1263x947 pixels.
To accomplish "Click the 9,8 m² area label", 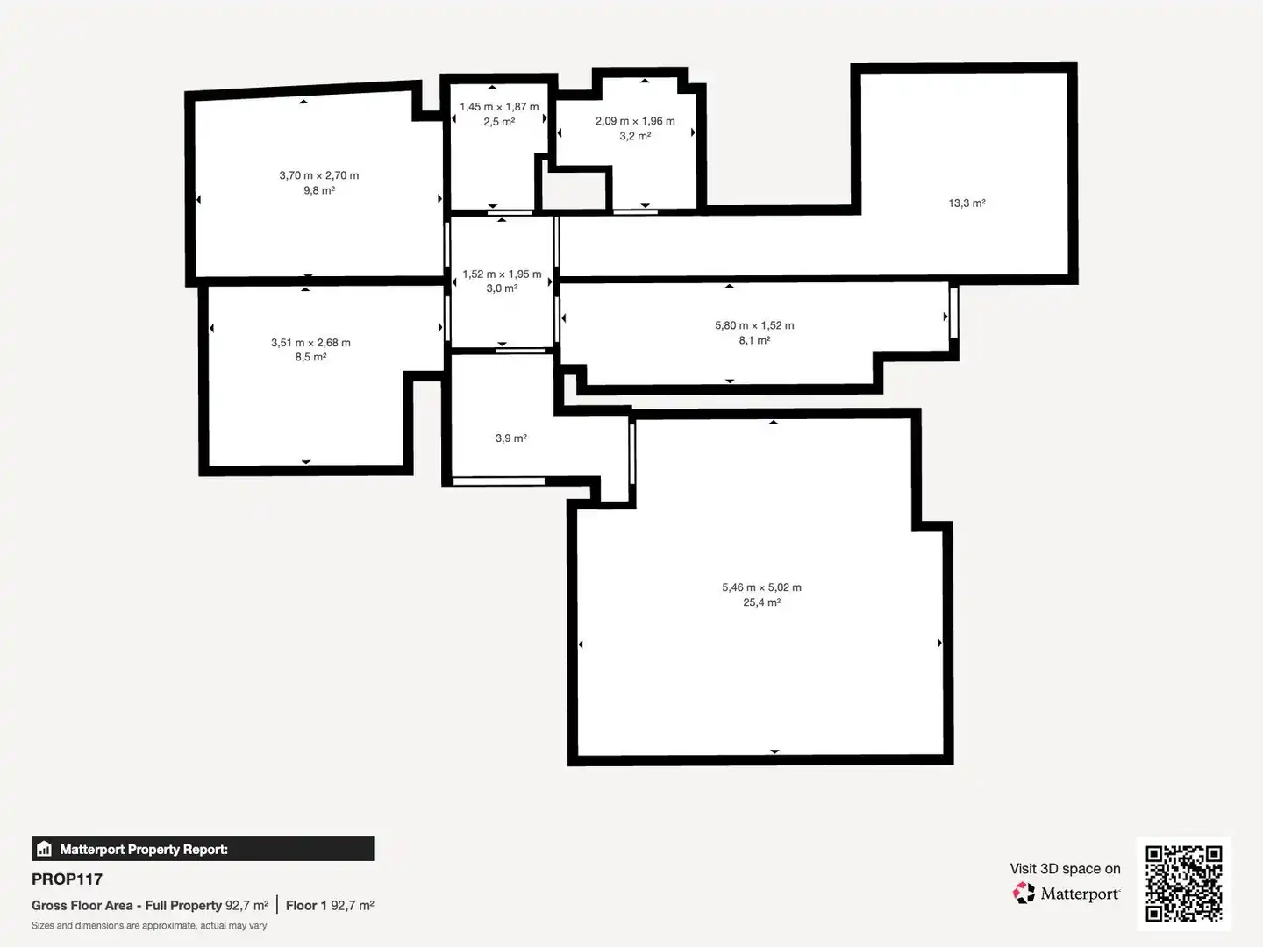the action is click(319, 190).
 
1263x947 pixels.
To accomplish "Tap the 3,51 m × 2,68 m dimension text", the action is click(310, 343).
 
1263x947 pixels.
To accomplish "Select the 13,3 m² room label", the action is click(967, 203).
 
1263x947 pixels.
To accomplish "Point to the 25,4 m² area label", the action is click(762, 602).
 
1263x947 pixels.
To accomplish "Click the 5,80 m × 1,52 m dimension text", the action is click(754, 325).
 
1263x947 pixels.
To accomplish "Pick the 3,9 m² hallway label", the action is click(511, 438).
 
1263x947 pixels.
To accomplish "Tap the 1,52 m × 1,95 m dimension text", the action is click(502, 274).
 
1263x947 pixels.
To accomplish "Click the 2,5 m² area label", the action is click(499, 122).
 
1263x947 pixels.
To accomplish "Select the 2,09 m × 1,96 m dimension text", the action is click(635, 121).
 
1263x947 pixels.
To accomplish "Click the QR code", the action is click(1183, 884).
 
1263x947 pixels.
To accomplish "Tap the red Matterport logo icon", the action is click(1024, 893).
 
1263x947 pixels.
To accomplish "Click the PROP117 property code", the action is click(67, 879).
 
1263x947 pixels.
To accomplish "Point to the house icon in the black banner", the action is click(45, 849).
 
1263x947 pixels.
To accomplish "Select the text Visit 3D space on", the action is click(1065, 869).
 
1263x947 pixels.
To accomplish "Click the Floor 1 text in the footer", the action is click(306, 906).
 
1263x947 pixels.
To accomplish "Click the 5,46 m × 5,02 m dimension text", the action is click(762, 587).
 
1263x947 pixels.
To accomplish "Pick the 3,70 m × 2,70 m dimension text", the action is click(319, 175).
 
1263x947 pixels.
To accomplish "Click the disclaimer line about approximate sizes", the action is click(149, 926).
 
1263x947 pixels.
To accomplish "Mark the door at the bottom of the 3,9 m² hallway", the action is click(498, 481).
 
